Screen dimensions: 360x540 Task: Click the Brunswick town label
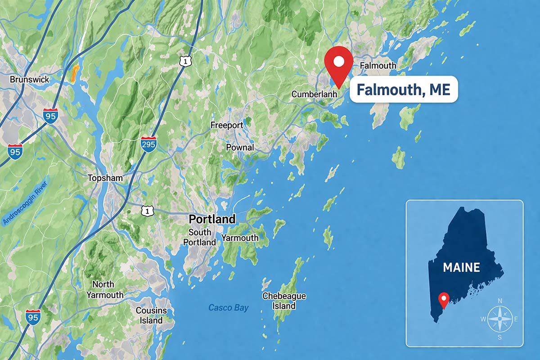[29, 80]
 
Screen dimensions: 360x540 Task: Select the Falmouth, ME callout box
[403, 90]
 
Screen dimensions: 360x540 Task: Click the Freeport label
[227, 125]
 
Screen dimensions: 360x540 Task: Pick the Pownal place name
[240, 147]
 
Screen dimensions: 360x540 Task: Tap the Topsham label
[105, 178]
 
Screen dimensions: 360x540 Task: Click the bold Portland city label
[212, 219]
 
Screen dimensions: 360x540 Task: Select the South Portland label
[199, 237]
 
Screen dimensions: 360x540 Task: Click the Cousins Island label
[151, 315]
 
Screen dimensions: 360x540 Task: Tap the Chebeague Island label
[284, 301]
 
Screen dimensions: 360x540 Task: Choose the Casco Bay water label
[228, 308]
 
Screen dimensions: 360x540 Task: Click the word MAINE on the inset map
[461, 267]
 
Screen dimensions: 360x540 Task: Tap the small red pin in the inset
[444, 299]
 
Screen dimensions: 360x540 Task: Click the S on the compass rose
[499, 337]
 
